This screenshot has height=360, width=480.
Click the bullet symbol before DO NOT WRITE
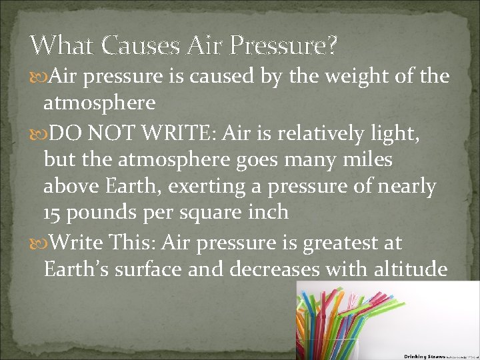click(37, 134)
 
